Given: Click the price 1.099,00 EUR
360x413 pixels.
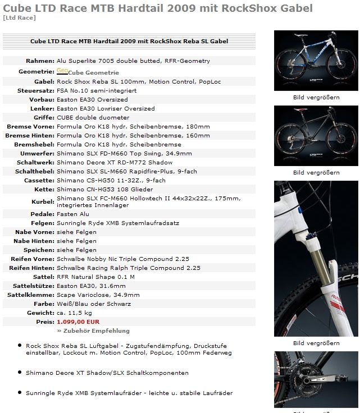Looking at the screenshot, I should [x=78, y=322].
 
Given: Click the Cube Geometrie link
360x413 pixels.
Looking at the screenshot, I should [x=93, y=72].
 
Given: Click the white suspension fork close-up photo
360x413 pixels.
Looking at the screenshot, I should [x=316, y=258].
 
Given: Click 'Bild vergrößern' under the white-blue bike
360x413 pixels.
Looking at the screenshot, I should [x=316, y=97].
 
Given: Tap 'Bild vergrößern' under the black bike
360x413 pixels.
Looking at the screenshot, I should [x=316, y=172].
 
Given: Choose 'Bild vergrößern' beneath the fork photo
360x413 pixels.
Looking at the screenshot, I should [x=316, y=343].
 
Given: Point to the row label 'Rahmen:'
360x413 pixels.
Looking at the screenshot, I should [x=40, y=61].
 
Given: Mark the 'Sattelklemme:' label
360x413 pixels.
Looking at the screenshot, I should [x=31, y=295].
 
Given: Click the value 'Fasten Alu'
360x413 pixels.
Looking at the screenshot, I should [x=73, y=214].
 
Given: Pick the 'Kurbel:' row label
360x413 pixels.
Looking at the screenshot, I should [x=42, y=201].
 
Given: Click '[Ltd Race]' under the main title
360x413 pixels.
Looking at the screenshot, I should [x=19, y=18].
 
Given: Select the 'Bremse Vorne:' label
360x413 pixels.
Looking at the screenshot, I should [x=30, y=126].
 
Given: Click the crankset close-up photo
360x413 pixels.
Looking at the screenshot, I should [x=316, y=382].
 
